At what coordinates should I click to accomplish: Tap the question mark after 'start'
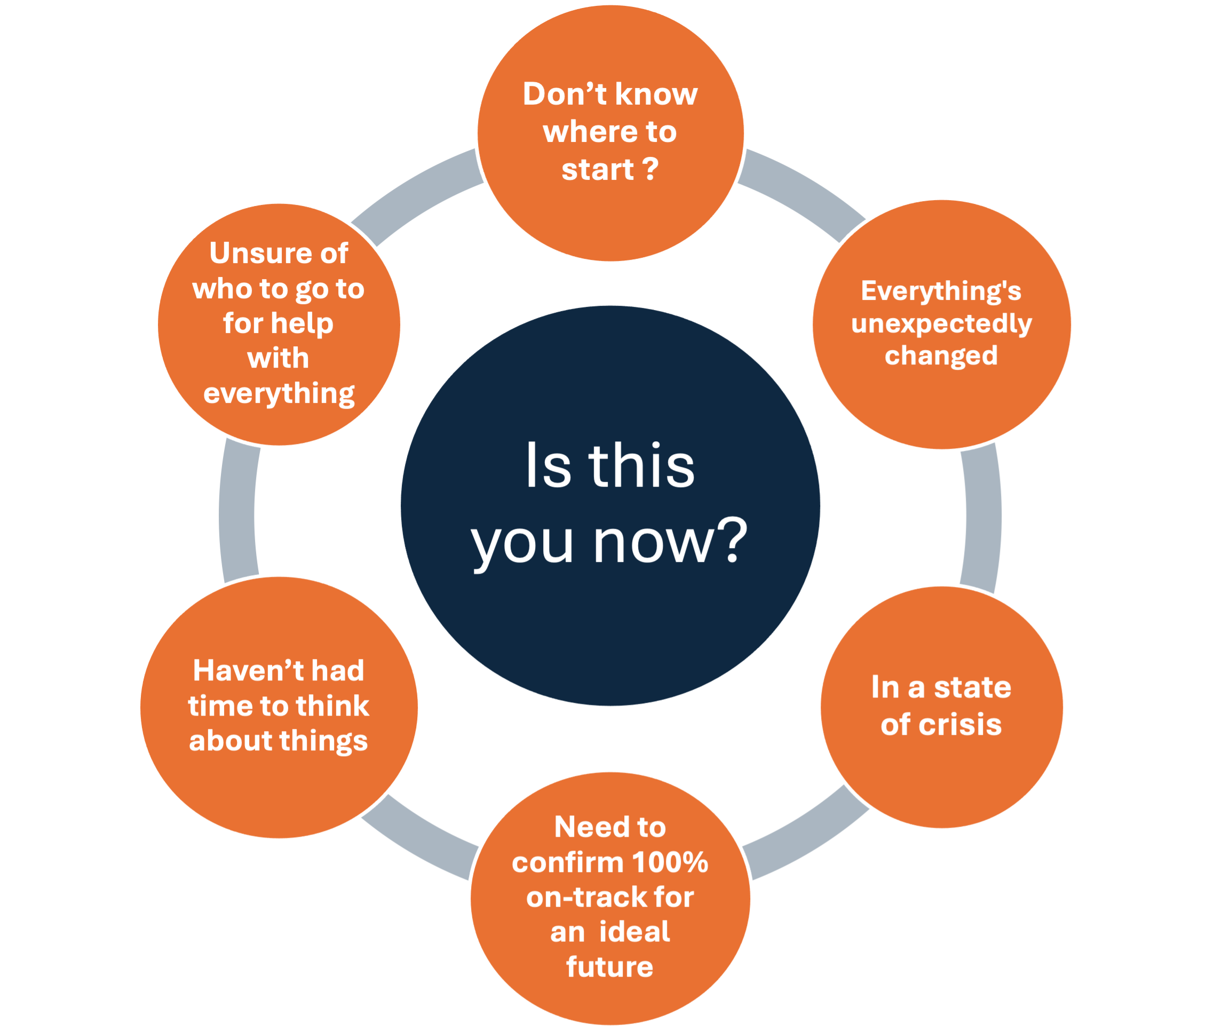(651, 170)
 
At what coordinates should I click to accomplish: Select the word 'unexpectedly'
(941, 324)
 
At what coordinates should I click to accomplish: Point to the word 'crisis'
(960, 725)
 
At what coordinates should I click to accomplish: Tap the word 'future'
(609, 967)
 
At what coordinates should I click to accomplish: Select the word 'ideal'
(634, 932)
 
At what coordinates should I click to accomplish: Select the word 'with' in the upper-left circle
(279, 358)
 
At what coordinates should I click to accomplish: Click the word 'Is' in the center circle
(547, 466)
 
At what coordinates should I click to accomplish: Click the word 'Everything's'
(941, 291)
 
